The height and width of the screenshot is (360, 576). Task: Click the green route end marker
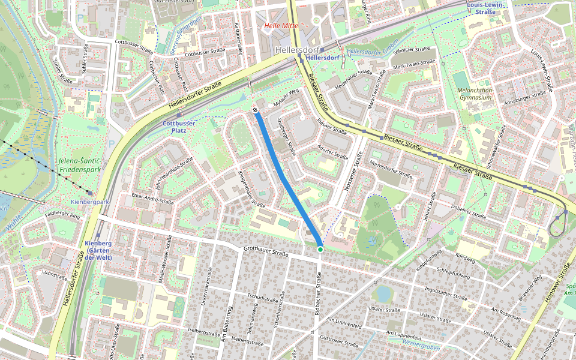click(x=320, y=249)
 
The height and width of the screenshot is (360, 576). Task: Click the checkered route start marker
click(x=256, y=110)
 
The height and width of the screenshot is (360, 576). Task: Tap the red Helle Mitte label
click(x=281, y=26)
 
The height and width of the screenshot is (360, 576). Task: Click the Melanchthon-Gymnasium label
click(x=475, y=94)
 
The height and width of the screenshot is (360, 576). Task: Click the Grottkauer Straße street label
click(x=266, y=251)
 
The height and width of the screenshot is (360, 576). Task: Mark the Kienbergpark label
click(x=90, y=202)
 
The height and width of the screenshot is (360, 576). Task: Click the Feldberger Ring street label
click(x=62, y=214)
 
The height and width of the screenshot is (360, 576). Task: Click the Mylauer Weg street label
click(x=286, y=96)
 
